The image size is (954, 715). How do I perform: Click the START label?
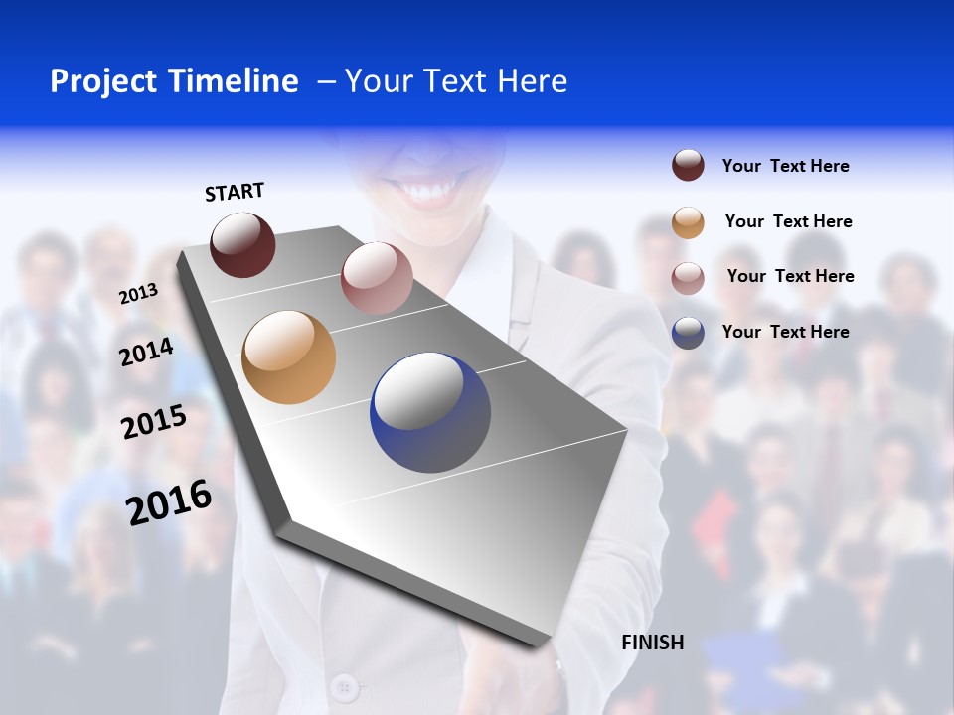pyautogui.click(x=235, y=192)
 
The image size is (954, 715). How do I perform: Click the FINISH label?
pyautogui.click(x=653, y=643)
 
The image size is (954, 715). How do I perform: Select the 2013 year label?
pyautogui.click(x=138, y=294)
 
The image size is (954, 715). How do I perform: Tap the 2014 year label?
pyautogui.click(x=146, y=353)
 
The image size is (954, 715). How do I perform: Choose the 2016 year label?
pyautogui.click(x=169, y=502)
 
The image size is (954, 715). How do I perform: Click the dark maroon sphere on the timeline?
pyautogui.click(x=242, y=244)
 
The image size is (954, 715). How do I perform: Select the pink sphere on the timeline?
pyautogui.click(x=377, y=277)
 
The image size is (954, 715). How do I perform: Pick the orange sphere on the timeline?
pyautogui.click(x=288, y=357)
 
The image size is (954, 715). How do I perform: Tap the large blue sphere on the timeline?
pyautogui.click(x=430, y=412)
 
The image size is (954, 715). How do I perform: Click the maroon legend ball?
pyautogui.click(x=688, y=166)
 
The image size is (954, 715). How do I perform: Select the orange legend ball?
pyautogui.click(x=688, y=222)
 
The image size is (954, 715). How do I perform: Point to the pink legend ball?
pyautogui.click(x=688, y=277)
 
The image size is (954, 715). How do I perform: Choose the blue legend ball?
pyautogui.click(x=688, y=333)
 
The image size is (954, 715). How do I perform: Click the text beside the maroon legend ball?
pyautogui.click(x=785, y=167)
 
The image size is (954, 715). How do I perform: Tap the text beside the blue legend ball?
pyautogui.click(x=785, y=332)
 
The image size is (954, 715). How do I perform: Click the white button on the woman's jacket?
pyautogui.click(x=344, y=685)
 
